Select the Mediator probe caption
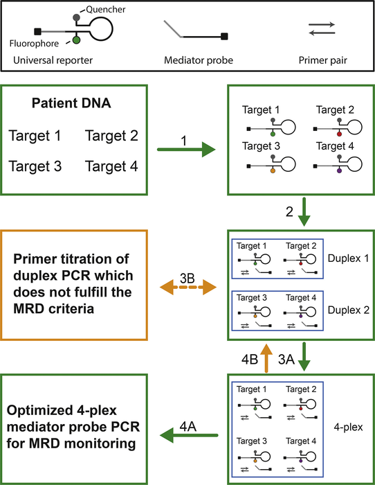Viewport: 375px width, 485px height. tap(196, 60)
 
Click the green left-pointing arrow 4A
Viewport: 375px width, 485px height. tap(185, 436)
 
